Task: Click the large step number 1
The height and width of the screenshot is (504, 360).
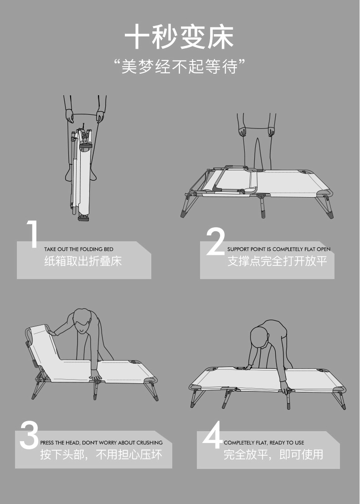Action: [32, 234]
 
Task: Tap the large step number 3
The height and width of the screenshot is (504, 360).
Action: [29, 435]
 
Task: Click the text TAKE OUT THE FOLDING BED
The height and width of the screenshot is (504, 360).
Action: [79, 249]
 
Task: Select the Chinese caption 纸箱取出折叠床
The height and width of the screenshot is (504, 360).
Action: [83, 261]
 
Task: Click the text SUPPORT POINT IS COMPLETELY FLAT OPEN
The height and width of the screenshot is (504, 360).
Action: [279, 249]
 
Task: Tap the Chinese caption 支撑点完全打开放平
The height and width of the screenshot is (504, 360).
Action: [278, 261]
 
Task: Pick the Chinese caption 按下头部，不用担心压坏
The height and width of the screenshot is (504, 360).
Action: [101, 454]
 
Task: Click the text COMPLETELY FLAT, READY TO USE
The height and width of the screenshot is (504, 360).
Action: [264, 443]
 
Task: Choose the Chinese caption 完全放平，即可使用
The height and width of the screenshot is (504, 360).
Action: [273, 454]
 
